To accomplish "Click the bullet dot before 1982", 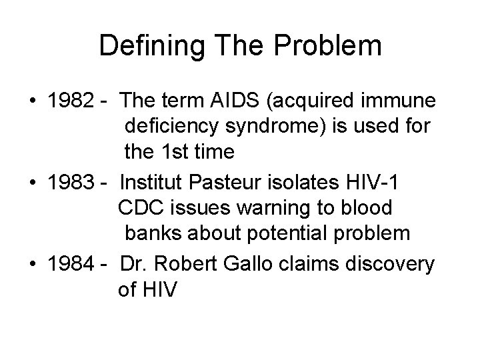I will click(33, 102).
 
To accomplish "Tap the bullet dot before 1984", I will click(33, 263).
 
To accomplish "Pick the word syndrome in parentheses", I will click(271, 127).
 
